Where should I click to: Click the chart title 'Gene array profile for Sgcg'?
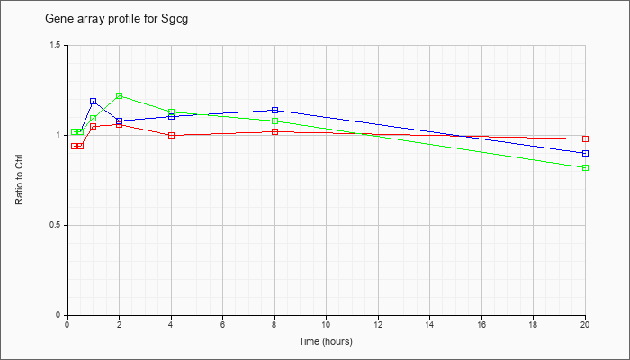coord(116,19)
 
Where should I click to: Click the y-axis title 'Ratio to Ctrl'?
coord(19,179)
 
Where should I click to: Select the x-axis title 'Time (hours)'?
coord(326,341)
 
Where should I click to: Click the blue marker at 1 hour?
coord(94,101)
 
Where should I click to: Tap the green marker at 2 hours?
coord(120,96)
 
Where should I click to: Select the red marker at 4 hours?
coord(172,135)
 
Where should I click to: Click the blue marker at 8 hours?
coord(274,110)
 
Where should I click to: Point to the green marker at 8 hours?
coord(274,121)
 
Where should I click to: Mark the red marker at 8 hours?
coord(274,131)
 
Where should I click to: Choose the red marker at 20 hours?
coord(585,139)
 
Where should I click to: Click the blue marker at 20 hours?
coord(585,154)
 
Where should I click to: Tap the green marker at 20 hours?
coord(585,167)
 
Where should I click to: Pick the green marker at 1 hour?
coord(94,119)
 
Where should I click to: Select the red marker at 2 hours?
coord(120,124)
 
